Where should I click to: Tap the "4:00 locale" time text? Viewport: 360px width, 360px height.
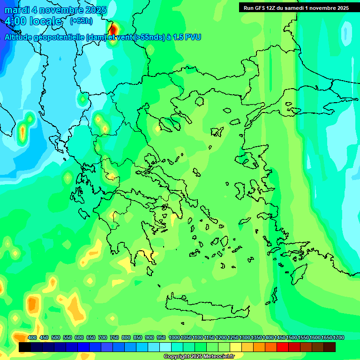(x=33, y=21)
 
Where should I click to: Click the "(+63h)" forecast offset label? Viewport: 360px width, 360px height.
(x=81, y=21)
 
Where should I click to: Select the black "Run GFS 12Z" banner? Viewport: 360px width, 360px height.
(x=296, y=7)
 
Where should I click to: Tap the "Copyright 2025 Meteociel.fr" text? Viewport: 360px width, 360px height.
(x=199, y=357)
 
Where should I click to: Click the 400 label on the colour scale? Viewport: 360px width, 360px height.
(x=32, y=338)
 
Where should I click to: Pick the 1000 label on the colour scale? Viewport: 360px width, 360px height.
(x=174, y=338)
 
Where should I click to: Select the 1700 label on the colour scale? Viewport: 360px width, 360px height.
(x=338, y=338)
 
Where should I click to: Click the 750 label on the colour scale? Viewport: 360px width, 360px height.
(x=114, y=338)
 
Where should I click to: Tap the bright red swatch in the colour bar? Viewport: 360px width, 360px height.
(x=283, y=347)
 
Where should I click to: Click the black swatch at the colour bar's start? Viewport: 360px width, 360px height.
(x=25, y=347)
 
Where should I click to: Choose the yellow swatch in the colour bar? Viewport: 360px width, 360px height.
(x=236, y=347)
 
